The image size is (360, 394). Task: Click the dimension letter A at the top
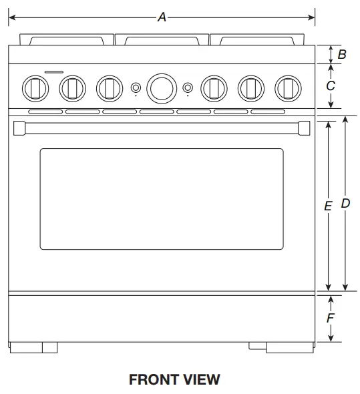click(162, 17)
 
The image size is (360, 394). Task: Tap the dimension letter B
click(342, 55)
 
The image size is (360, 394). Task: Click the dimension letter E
click(327, 207)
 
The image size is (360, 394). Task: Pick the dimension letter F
click(330, 319)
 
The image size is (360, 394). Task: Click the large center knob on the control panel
click(161, 87)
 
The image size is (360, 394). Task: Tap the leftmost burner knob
click(35, 87)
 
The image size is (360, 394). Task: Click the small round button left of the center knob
click(135, 87)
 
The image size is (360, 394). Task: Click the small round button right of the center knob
click(188, 87)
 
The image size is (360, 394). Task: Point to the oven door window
click(161, 198)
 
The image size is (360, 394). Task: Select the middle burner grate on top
click(161, 39)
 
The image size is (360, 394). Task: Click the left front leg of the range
click(33, 347)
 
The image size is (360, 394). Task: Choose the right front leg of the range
click(289, 347)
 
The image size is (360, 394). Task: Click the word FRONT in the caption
click(153, 380)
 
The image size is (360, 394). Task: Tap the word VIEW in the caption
click(201, 380)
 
